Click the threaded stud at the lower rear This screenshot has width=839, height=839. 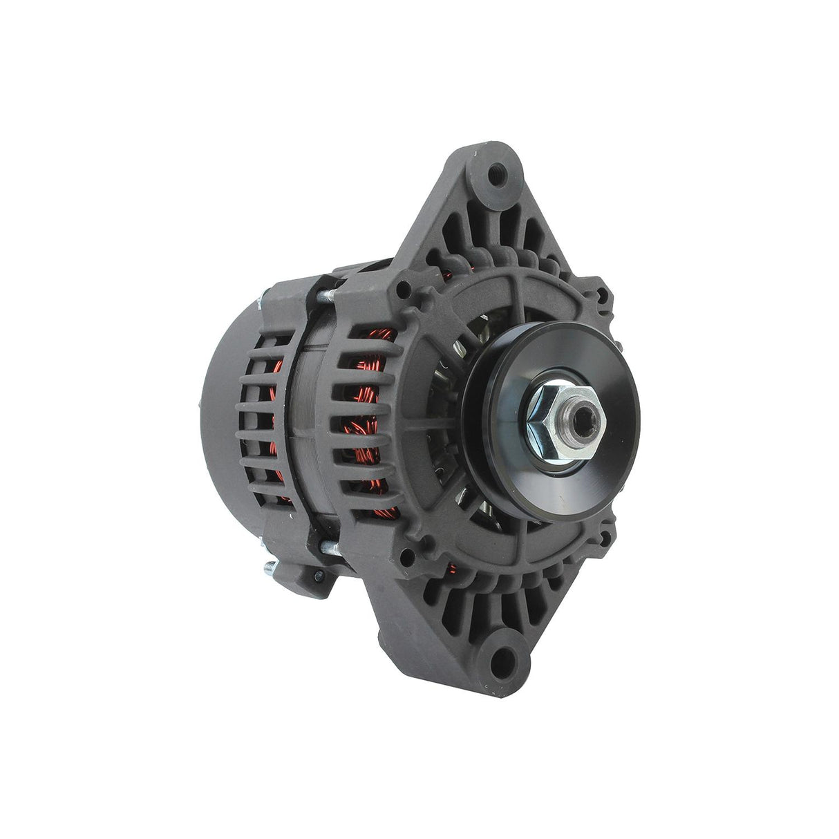click(274, 569)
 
